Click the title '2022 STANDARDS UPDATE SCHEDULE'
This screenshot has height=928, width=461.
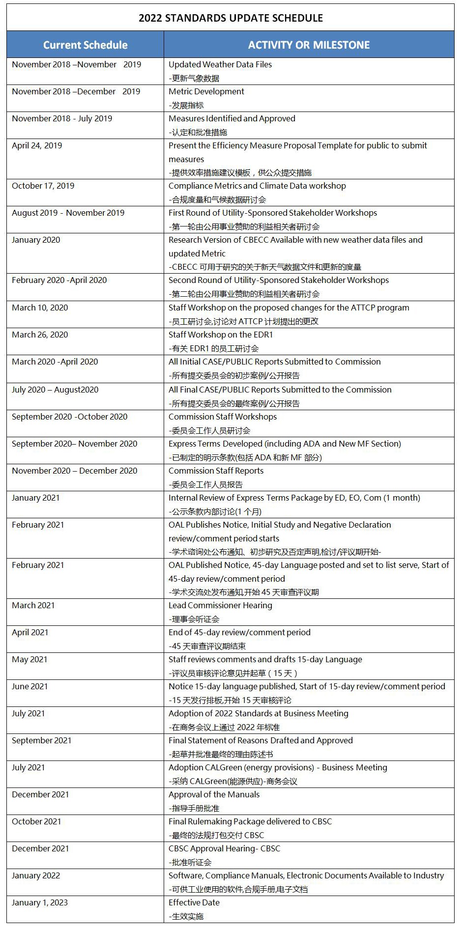pyautogui.click(x=230, y=18)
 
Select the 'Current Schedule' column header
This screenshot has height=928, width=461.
pyautogui.click(x=85, y=45)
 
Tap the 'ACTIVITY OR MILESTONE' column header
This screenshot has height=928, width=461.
pyautogui.click(x=309, y=45)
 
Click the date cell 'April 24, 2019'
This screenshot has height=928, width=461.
pyautogui.click(x=37, y=145)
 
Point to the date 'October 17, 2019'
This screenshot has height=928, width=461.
pyautogui.click(x=43, y=186)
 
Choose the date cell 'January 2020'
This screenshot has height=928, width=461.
pyautogui.click(x=36, y=240)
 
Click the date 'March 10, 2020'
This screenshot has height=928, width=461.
pyautogui.click(x=40, y=308)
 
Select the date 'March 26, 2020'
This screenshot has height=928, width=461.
pyautogui.click(x=40, y=335)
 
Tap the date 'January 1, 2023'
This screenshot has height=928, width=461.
pyautogui.click(x=40, y=902)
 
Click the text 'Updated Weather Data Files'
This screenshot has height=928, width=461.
pyautogui.click(x=220, y=64)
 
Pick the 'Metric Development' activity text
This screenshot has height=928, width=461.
pyautogui.click(x=206, y=91)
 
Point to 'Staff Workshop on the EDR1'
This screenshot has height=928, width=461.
pyautogui.click(x=221, y=335)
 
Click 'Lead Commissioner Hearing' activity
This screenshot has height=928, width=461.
pyautogui.click(x=220, y=605)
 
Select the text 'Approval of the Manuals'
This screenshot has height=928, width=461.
pyautogui.click(x=214, y=794)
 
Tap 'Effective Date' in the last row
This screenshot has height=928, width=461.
pyautogui.click(x=194, y=902)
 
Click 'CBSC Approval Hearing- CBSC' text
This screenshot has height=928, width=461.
pyautogui.click(x=224, y=848)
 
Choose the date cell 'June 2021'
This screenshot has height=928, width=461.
pyautogui.click(x=30, y=686)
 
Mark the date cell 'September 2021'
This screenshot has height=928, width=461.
pyautogui.click(x=42, y=740)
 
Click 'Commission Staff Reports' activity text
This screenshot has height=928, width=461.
pyautogui.click(x=216, y=471)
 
